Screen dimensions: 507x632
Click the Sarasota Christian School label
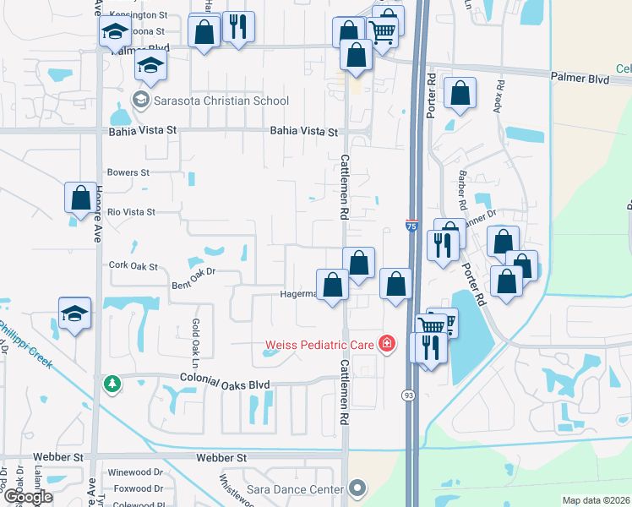coord(221,101)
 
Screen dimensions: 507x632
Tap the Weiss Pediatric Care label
coord(320,344)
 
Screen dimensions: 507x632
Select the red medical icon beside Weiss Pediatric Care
coord(386,344)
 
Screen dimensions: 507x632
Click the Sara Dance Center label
coord(295,488)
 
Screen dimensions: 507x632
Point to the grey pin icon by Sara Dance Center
coord(358,488)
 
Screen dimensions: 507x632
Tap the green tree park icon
coord(112,384)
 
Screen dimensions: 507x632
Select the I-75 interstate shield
coord(411,226)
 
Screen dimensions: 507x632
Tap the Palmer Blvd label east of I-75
coord(580,78)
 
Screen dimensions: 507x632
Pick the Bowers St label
coord(128,172)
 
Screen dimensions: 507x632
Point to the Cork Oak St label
coord(133,265)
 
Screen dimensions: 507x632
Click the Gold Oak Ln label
coord(195,336)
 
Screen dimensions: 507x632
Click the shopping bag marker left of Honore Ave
coord(80,198)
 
